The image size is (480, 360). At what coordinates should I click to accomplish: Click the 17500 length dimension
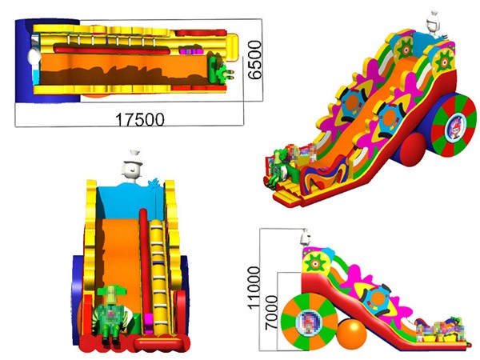pos(139,119)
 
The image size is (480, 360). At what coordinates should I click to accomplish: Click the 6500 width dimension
pos(254,60)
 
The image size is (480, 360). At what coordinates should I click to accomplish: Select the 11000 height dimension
pos(254,288)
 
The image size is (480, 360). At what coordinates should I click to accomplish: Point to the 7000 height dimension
pos(271,313)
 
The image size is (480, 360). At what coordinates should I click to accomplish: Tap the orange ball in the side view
pos(352,334)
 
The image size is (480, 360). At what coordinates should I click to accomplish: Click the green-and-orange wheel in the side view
pos(310,322)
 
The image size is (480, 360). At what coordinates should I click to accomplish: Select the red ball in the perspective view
pos(413,148)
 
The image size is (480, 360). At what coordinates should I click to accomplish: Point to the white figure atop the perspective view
pos(434,23)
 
